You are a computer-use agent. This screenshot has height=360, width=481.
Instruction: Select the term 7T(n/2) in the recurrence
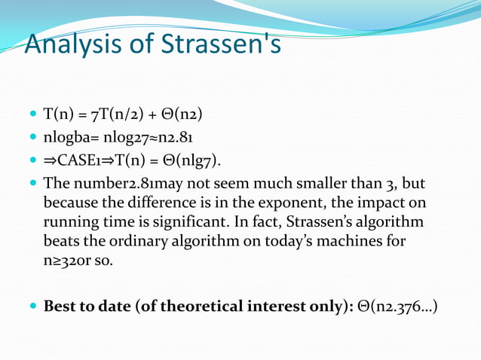pos(117,115)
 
